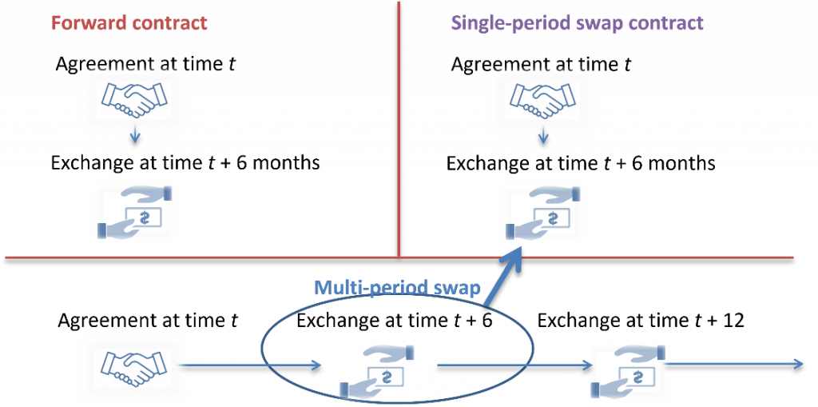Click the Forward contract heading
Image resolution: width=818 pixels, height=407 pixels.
pos(129,22)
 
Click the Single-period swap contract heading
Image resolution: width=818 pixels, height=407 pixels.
pos(577,22)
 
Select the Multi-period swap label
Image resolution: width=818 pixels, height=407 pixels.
pos(396,288)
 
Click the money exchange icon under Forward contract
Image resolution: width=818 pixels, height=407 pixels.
pos(134,213)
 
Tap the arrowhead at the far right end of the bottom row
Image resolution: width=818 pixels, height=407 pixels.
pos(799,364)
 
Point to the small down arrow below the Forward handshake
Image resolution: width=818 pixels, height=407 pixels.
pos(135,138)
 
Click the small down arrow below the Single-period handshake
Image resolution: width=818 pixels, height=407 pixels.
pos(544,138)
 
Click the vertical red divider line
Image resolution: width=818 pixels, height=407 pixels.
pos(398,128)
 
